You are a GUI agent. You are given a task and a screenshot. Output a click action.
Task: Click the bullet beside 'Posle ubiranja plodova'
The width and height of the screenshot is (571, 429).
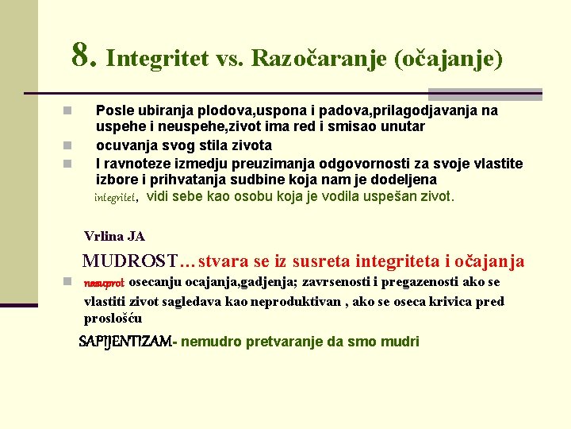click(x=68, y=110)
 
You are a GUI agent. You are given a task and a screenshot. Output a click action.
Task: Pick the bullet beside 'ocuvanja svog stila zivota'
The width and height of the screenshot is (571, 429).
click(x=68, y=145)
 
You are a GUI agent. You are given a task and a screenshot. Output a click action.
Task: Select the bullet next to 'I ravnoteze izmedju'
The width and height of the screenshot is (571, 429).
click(x=68, y=164)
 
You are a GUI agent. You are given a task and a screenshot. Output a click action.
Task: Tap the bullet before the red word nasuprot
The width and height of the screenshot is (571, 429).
click(x=68, y=282)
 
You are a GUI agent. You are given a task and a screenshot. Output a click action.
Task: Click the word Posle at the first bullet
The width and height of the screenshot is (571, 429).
click(x=113, y=110)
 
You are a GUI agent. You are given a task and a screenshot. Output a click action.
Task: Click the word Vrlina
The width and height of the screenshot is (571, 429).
click(x=103, y=236)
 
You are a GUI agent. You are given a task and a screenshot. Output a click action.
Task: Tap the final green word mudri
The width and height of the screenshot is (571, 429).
click(x=401, y=342)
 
